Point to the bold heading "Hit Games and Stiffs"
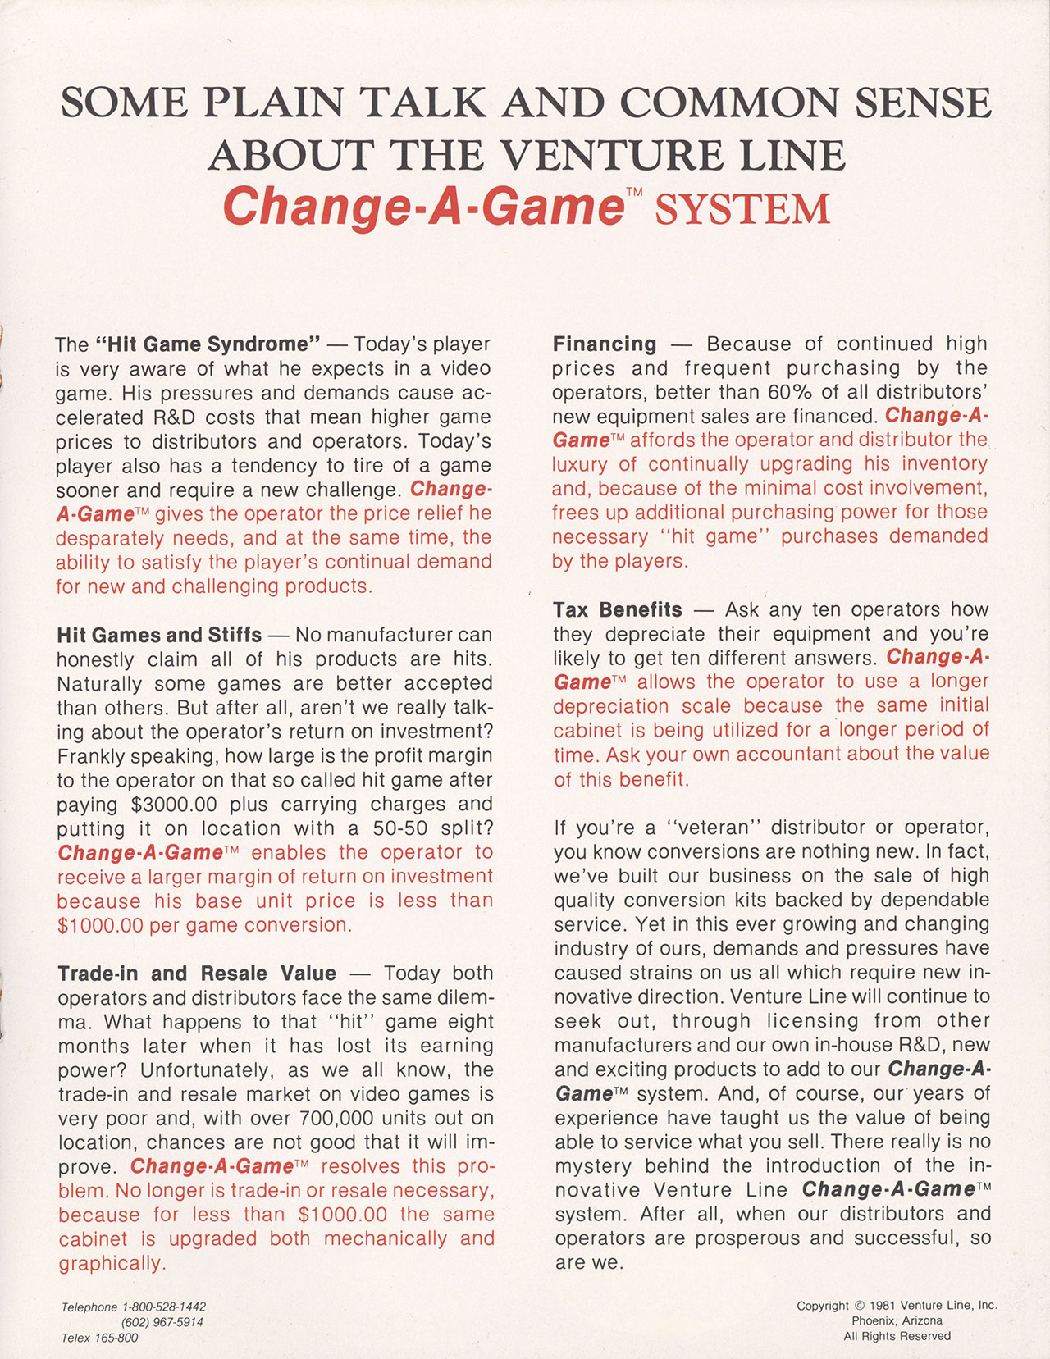pyautogui.click(x=159, y=635)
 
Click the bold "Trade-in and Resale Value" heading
pyautogui.click(x=197, y=974)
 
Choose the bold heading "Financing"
pyautogui.click(x=605, y=344)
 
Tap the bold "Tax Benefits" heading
pyautogui.click(x=618, y=609)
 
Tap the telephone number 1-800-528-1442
pyautogui.click(x=164, y=1307)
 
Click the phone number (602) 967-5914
pyautogui.click(x=162, y=1322)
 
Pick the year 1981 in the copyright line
pyautogui.click(x=883, y=1306)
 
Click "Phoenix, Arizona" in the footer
pyautogui.click(x=897, y=1320)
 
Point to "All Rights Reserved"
pyautogui.click(x=897, y=1336)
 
